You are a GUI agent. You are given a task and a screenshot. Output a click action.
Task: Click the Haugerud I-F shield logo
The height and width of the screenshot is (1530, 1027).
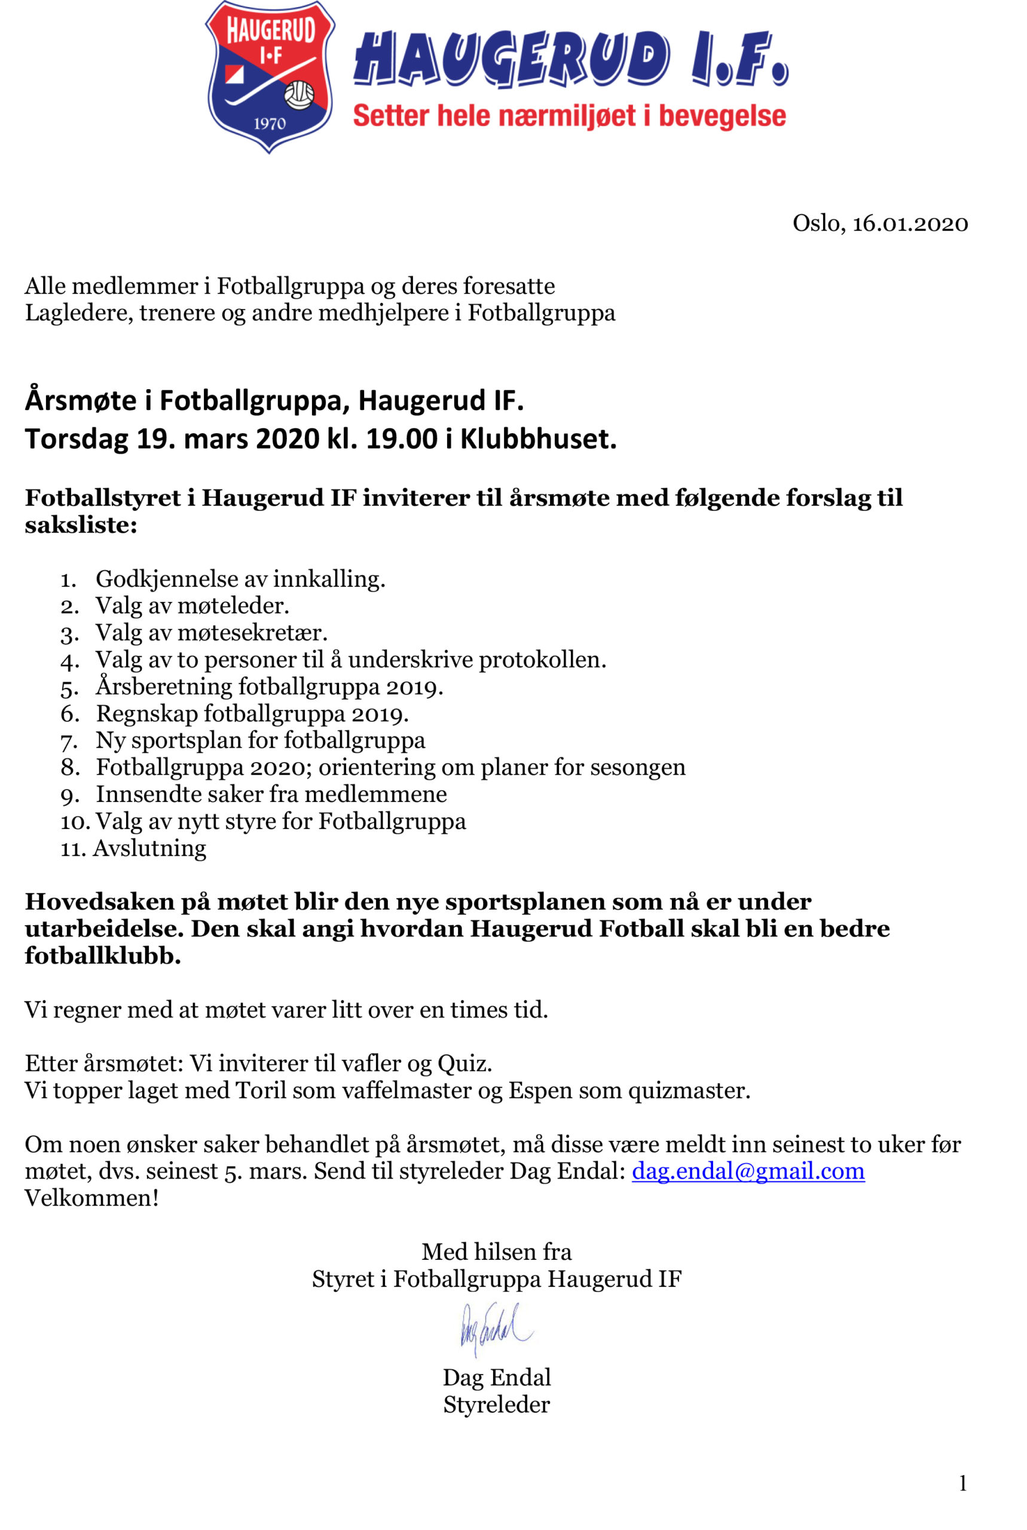click(x=270, y=76)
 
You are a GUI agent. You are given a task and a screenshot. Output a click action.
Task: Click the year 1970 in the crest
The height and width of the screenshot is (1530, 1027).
click(x=269, y=123)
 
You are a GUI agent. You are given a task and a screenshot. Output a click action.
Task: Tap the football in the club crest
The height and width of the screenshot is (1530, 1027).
click(x=299, y=95)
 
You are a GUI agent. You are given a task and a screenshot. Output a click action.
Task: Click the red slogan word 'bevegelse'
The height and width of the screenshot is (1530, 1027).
click(x=722, y=116)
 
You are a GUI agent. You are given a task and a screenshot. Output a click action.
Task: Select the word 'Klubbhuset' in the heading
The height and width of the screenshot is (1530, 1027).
click(x=538, y=439)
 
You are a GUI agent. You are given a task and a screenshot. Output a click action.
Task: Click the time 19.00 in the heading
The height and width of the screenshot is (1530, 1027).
click(x=401, y=439)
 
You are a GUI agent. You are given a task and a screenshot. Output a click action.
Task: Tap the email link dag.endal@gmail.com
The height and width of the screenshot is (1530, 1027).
click(x=748, y=1171)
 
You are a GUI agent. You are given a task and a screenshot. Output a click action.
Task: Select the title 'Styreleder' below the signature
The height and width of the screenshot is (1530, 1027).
click(x=497, y=1405)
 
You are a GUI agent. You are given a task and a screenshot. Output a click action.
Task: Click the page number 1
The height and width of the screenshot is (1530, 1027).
click(x=962, y=1483)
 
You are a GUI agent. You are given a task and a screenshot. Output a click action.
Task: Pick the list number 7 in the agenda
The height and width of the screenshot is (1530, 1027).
click(x=69, y=742)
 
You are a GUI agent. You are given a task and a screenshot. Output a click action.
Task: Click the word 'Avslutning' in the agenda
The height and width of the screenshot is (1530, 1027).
click(x=149, y=849)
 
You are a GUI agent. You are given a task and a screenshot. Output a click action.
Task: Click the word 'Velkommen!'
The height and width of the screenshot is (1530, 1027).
click(x=91, y=1198)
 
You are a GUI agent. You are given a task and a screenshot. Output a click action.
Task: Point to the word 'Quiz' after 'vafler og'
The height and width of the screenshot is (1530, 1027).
click(x=464, y=1064)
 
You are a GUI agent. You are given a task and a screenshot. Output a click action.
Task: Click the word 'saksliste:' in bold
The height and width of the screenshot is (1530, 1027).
click(x=81, y=525)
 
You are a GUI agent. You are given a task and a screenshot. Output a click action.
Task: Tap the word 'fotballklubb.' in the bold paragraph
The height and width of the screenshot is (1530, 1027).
click(x=103, y=956)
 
